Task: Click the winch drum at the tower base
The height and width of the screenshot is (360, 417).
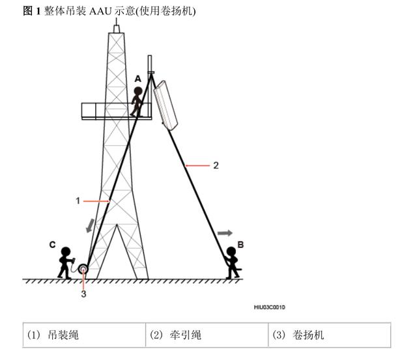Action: (84, 269)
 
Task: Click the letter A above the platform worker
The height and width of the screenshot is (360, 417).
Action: (137, 78)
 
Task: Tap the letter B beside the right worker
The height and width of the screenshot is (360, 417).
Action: (240, 245)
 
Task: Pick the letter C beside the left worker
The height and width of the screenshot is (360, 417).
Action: (51, 245)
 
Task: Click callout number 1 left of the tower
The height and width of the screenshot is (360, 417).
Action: (78, 201)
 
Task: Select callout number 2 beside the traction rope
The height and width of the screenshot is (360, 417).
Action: (216, 165)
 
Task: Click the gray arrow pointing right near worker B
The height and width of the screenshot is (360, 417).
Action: (224, 232)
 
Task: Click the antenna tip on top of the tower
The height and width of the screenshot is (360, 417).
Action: (116, 23)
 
